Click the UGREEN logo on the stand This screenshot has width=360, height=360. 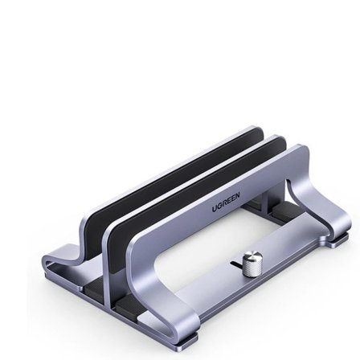tap(226, 201)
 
